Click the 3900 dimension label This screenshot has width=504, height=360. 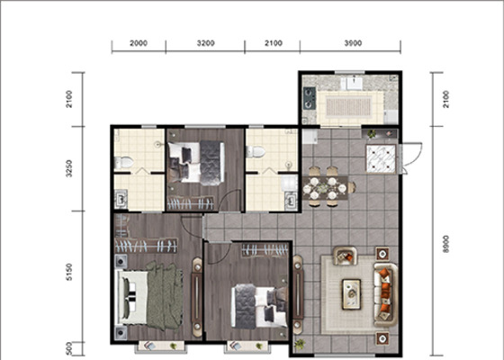pos(353,43)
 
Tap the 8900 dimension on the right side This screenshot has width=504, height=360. pos(445,244)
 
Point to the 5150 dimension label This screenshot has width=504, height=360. pos(68,272)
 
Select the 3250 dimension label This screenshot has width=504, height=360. pos(68,169)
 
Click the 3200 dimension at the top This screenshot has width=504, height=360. pos(206,43)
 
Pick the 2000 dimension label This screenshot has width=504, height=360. pos(139,43)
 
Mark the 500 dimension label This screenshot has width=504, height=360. pos(68,349)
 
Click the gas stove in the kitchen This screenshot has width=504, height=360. pos(310,97)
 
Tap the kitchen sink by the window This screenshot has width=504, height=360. pos(352,83)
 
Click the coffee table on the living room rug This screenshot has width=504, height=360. pos(351,294)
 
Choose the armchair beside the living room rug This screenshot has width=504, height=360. pos(346,256)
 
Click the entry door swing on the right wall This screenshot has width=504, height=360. pos(412,158)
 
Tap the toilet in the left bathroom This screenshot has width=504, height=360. pos(124,163)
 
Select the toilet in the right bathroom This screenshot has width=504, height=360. pos(256,152)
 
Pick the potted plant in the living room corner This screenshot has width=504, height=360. pos(300,344)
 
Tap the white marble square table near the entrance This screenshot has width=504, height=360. pos(382,158)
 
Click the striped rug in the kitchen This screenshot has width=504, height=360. pos(349,108)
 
